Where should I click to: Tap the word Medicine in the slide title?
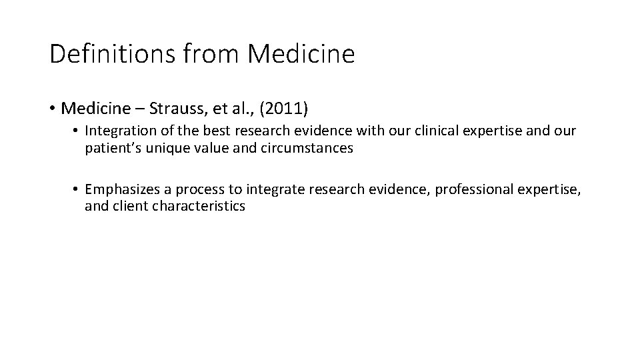pyautogui.click(x=301, y=54)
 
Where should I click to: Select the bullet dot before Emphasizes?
pyautogui.click(x=77, y=191)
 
